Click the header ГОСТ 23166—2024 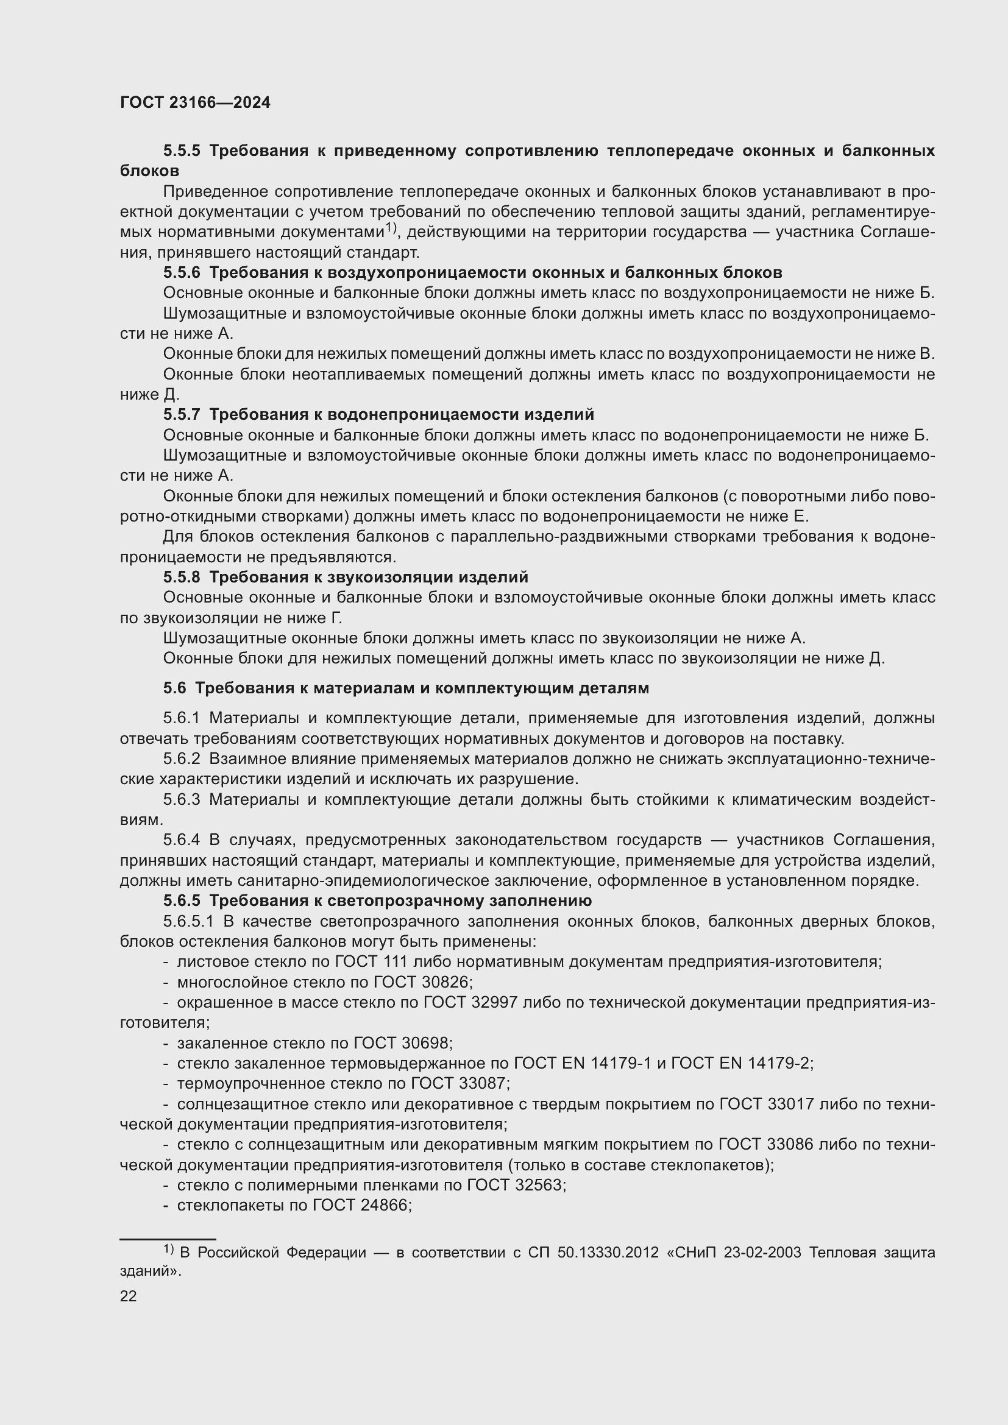tap(195, 103)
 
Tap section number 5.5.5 tap(182, 151)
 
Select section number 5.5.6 tap(182, 272)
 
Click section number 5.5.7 tap(182, 414)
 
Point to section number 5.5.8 tap(182, 577)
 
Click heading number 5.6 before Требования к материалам tap(174, 688)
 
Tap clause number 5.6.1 tap(182, 718)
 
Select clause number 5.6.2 tap(182, 759)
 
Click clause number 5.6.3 tap(182, 799)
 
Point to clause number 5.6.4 tap(182, 840)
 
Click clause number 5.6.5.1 tap(188, 922)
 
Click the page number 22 tap(129, 1296)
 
